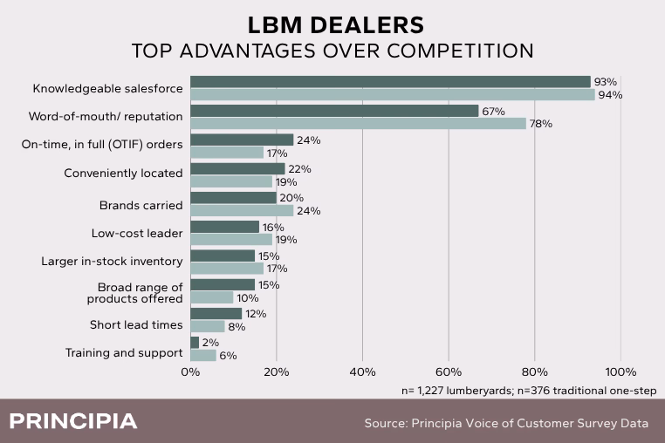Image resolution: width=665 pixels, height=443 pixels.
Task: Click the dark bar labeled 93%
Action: click(390, 82)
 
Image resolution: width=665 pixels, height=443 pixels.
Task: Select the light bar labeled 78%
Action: click(358, 124)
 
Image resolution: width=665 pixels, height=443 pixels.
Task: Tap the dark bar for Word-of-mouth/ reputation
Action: click(334, 111)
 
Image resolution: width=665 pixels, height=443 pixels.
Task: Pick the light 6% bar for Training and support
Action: click(202, 355)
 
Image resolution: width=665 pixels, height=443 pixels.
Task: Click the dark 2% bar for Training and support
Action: click(195, 343)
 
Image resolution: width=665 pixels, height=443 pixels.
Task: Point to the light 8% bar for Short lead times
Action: click(207, 326)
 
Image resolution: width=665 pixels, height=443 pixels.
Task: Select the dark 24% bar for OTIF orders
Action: click(242, 140)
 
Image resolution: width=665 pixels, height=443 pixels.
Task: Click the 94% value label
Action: click(610, 95)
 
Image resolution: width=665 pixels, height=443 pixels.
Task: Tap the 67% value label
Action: click(493, 111)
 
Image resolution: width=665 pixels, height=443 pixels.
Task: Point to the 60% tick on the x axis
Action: click(449, 372)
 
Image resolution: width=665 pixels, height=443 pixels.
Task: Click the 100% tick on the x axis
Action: click(620, 372)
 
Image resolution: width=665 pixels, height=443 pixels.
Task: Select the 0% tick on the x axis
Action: click(190, 372)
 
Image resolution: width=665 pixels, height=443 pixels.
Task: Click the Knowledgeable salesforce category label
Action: click(107, 88)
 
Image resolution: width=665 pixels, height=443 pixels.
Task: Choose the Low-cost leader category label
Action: click(137, 233)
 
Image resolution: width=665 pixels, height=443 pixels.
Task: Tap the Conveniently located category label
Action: click(123, 174)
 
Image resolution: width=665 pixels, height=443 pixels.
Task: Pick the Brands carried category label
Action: click(142, 205)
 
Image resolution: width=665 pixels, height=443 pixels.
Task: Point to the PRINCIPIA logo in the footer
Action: click(73, 422)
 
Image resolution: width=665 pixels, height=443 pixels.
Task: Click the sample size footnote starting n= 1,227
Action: click(529, 390)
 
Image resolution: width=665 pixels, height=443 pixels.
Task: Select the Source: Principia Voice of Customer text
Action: click(506, 424)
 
